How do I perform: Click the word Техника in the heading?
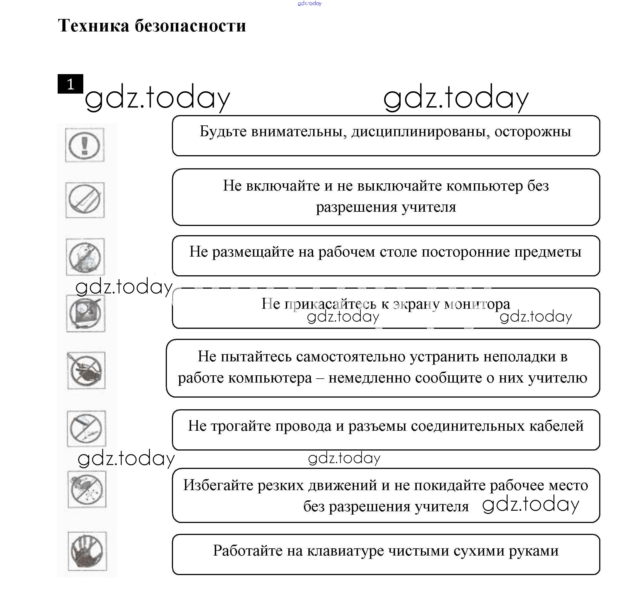(93, 26)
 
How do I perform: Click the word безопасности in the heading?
(190, 26)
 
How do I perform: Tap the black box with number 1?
(70, 84)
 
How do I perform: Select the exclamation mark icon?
(84, 145)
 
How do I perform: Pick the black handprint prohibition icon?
(87, 551)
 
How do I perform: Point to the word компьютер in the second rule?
(485, 186)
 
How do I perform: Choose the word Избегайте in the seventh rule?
(218, 485)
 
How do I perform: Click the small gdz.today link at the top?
(309, 3)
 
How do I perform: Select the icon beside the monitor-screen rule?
(85, 313)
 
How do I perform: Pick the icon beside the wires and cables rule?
(86, 429)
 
